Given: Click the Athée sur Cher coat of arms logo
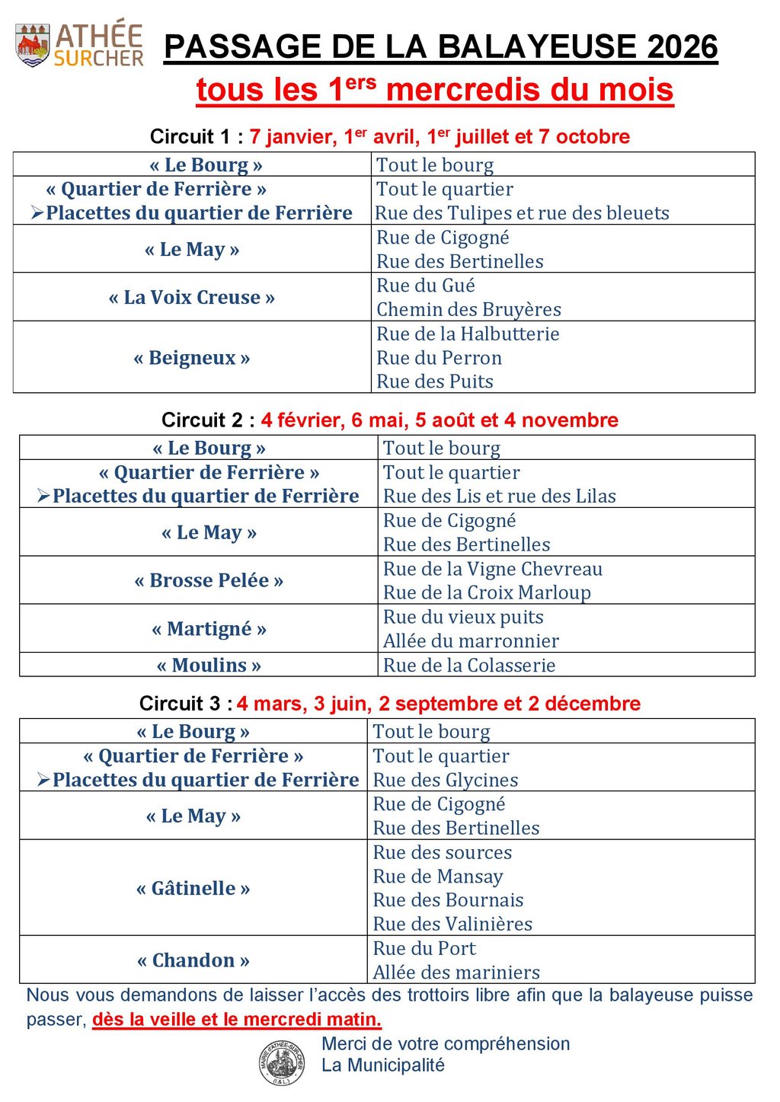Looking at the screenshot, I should coord(33,44).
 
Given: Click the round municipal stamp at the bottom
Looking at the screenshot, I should coord(282,1062).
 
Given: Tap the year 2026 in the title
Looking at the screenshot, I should coord(682,47).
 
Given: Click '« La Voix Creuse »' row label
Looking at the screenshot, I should coord(192,297).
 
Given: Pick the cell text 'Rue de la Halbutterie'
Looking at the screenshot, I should coord(468,334).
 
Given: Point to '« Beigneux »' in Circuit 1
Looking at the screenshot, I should coord(192,358).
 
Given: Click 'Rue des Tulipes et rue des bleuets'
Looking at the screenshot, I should coord(523,213).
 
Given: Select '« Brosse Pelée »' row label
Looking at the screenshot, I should coord(209,580).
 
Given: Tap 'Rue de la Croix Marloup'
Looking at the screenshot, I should coord(487,593).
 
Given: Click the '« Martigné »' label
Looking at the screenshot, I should coord(209,629).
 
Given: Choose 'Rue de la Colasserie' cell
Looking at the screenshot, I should coord(469,665).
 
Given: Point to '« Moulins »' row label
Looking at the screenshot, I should coord(209,665).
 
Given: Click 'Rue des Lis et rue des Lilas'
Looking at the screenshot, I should coord(500,497).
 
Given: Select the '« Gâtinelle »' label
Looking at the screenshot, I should coord(193,888).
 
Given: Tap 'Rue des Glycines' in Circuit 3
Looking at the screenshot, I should coord(446,780).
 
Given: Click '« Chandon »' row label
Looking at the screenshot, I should coord(193,960).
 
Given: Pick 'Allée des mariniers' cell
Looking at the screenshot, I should coord(456,973).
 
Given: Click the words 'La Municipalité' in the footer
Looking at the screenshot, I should coord(382,1065).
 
